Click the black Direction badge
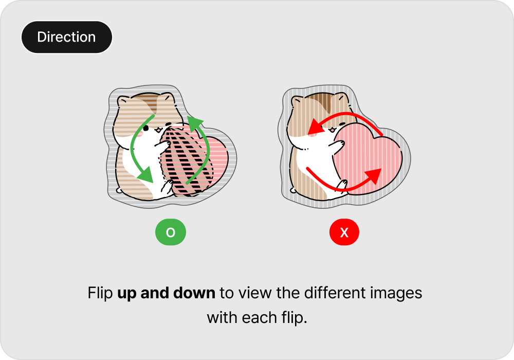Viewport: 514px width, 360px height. point(66,37)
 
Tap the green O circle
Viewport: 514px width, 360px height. point(171,232)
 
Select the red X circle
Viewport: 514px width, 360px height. point(344,232)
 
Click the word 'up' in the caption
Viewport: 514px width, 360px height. point(126,294)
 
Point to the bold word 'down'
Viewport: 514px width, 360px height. point(194,293)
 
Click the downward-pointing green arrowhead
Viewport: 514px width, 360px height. point(146,174)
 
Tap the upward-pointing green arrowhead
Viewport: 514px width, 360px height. point(196,124)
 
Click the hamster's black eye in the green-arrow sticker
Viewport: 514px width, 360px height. point(146,128)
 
